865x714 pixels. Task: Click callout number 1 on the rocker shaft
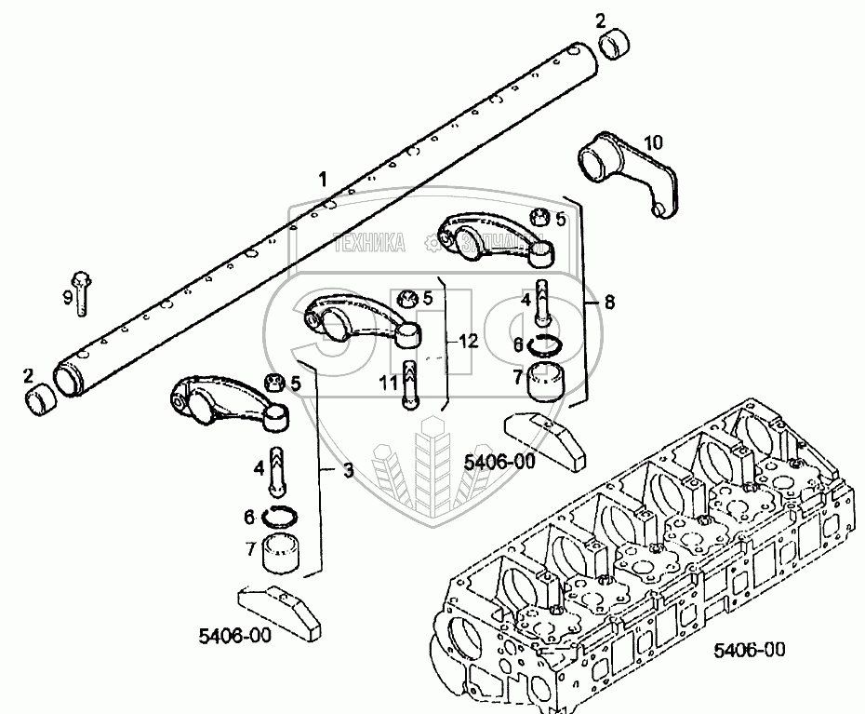323,178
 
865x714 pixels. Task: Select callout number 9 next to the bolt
67,297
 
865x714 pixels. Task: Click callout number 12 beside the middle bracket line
468,341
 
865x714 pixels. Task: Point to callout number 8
608,303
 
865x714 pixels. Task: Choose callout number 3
347,471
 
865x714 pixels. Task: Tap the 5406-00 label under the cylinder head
751,649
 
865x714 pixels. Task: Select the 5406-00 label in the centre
499,461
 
